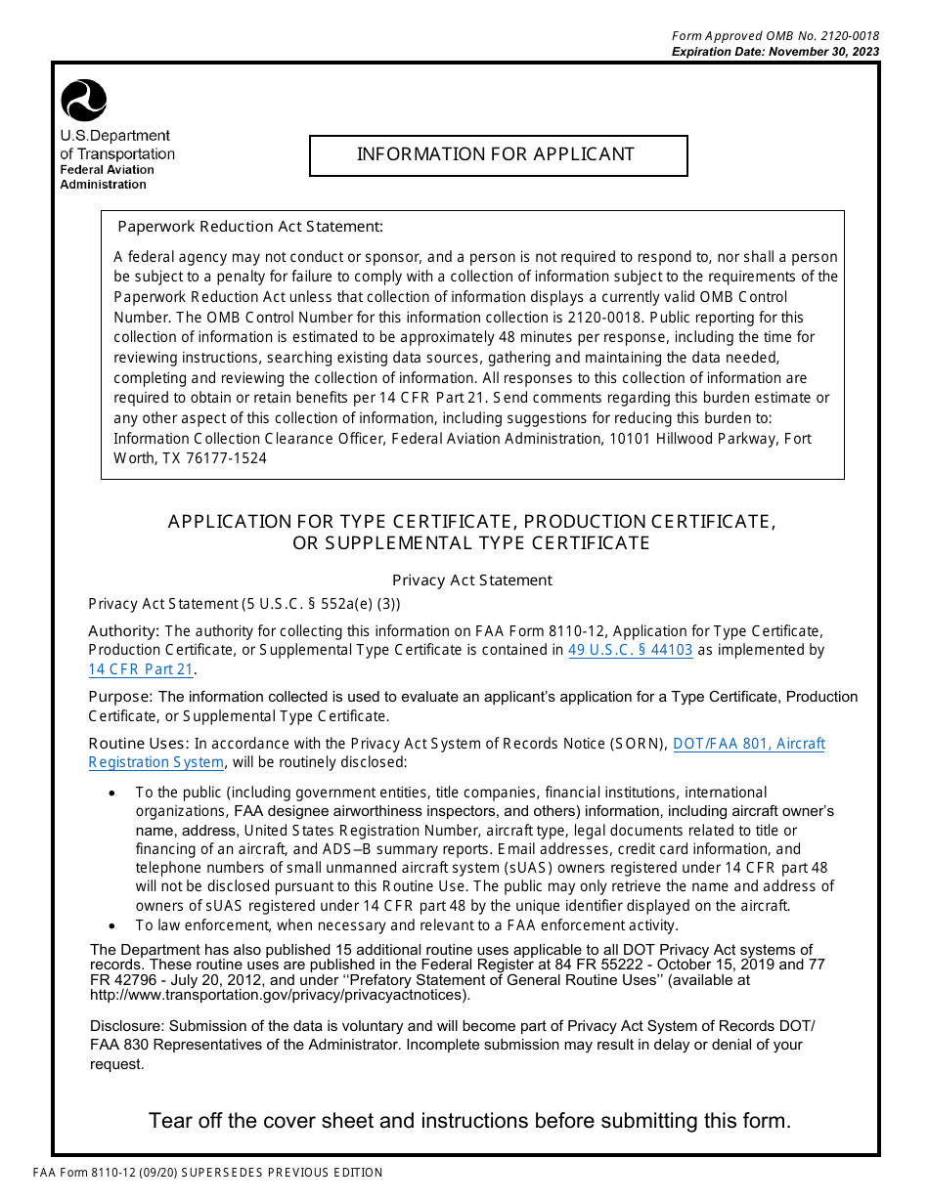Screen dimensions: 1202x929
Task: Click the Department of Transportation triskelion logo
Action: [84, 101]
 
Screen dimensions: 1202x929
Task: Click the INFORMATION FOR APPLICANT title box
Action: [498, 154]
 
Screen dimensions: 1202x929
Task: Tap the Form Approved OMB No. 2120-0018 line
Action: [774, 36]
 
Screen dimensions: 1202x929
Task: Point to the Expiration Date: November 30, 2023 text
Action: [774, 52]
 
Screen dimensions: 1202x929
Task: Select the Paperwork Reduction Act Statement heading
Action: [250, 227]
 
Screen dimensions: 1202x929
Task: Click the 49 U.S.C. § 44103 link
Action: [630, 650]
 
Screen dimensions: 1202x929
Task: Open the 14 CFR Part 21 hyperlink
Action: [141, 669]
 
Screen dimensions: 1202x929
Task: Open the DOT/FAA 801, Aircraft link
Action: [748, 744]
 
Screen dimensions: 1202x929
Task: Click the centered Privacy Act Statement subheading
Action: [472, 580]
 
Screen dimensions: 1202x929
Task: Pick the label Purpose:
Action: [121, 697]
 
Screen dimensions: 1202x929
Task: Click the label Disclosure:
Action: [127, 1026]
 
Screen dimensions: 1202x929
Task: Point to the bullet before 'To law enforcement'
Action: [113, 926]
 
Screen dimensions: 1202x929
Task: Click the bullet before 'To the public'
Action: [113, 794]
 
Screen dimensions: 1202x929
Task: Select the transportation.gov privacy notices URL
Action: [279, 996]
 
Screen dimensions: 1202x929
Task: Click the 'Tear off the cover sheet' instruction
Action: [469, 1121]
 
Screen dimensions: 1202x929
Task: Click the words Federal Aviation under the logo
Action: [107, 170]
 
